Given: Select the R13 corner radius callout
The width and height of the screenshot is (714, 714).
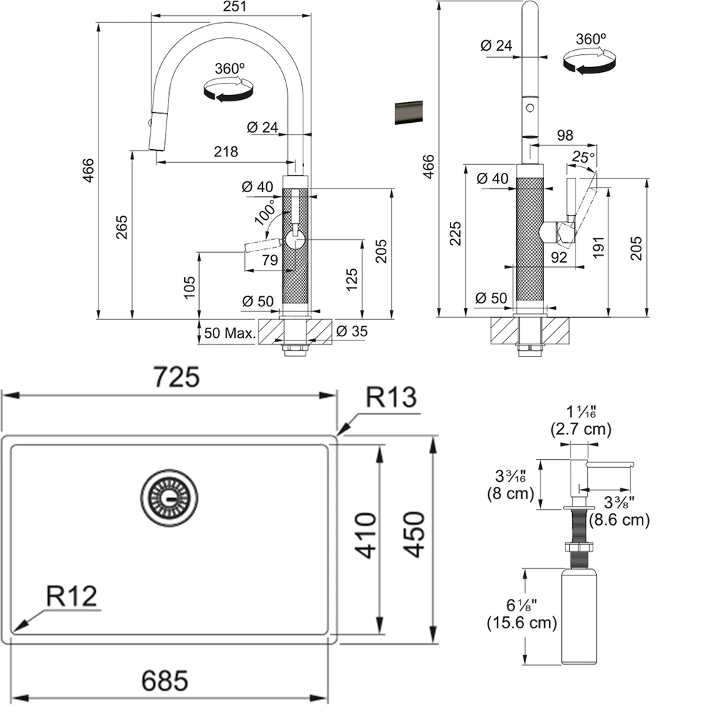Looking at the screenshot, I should (x=391, y=398).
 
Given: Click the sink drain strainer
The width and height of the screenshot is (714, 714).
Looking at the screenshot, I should (x=170, y=497).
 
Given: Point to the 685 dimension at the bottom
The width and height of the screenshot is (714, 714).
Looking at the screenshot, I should (x=165, y=681).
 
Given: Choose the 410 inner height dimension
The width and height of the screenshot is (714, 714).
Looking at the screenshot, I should (x=366, y=535).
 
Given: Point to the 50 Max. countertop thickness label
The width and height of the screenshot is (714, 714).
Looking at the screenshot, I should (x=230, y=333).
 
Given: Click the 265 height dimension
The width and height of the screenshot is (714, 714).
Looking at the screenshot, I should (x=122, y=226).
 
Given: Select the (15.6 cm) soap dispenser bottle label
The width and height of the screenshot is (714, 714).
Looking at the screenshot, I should (x=521, y=623).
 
